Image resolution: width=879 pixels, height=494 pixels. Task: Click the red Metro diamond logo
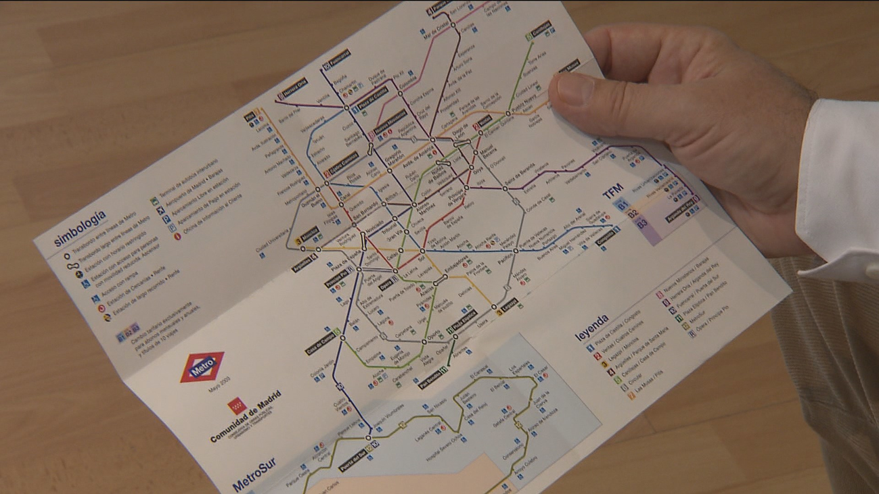202,367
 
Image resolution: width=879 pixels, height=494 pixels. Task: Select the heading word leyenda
592,327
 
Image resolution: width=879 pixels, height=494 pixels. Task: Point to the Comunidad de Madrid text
245,417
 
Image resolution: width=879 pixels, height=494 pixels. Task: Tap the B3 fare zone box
642,222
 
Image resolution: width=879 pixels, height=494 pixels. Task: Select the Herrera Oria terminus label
292,90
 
